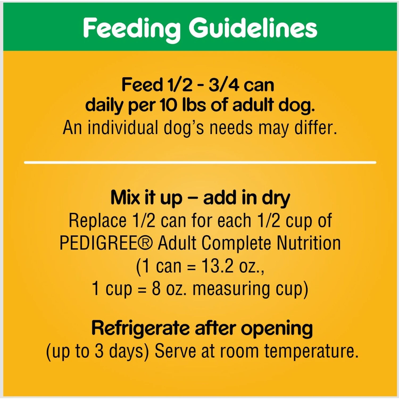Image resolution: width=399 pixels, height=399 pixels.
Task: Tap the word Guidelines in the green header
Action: [253, 28]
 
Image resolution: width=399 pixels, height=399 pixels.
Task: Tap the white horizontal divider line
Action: [200, 162]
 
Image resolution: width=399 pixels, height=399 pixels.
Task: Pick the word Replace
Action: [98, 221]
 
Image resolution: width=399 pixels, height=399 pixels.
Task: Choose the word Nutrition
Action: [309, 243]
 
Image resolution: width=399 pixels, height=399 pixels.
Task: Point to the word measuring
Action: [231, 289]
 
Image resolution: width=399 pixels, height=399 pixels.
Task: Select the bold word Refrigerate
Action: [140, 329]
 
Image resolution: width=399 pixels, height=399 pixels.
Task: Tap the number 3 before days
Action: [99, 351]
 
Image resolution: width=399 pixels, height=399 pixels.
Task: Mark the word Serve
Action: [176, 351]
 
